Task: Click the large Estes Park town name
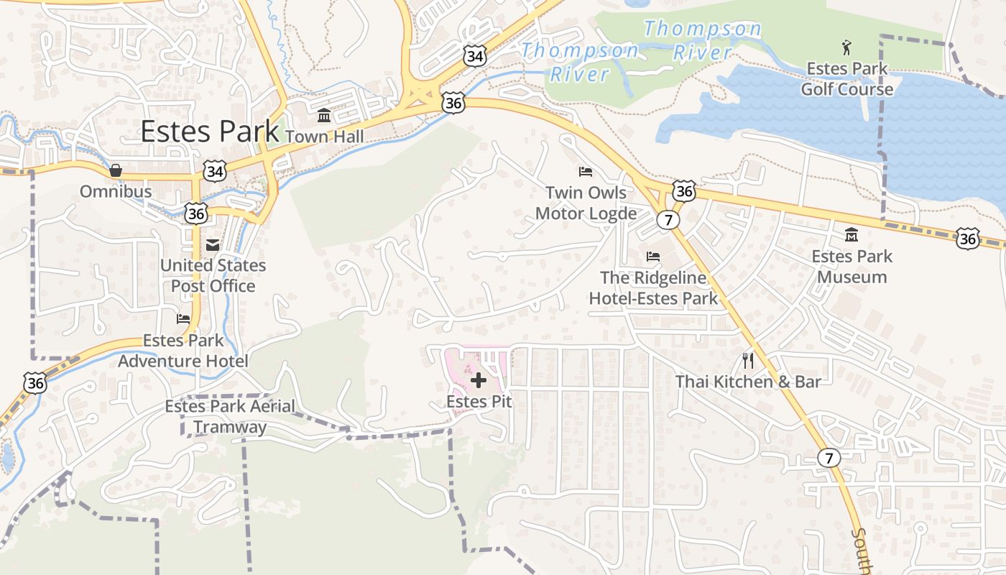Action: (x=209, y=132)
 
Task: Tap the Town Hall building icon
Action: (x=323, y=116)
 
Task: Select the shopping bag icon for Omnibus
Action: (x=115, y=171)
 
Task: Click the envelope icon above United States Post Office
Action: (x=213, y=245)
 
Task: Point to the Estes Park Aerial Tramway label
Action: (x=230, y=417)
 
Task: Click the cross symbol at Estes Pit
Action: (x=479, y=380)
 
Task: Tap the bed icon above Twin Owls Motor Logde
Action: (x=586, y=172)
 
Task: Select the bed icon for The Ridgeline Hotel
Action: (x=652, y=257)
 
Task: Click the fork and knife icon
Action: (x=748, y=360)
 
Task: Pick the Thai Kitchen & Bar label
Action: (x=747, y=382)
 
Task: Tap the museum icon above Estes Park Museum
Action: (x=852, y=235)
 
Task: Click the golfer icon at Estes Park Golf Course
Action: (x=846, y=48)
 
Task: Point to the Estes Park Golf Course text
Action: (x=847, y=79)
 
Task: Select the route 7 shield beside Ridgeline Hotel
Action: (x=668, y=220)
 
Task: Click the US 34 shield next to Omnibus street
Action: (x=214, y=171)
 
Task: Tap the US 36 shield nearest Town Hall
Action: (x=453, y=103)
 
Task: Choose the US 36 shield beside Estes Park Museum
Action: (x=967, y=239)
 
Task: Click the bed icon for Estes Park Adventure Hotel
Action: (x=184, y=318)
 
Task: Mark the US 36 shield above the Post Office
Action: (x=195, y=213)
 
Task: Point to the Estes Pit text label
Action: (x=479, y=402)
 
